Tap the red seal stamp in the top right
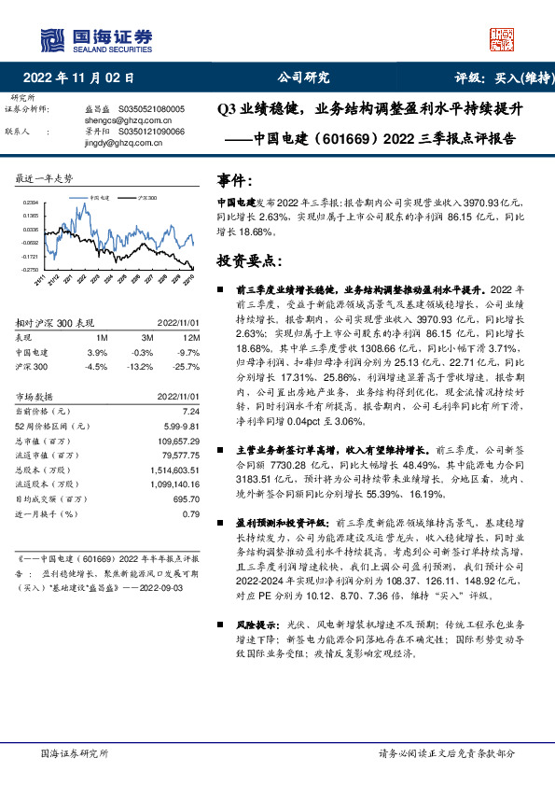(x=502, y=37)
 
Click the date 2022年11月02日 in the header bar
(x=84, y=77)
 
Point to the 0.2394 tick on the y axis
(x=31, y=202)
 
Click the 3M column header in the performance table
(x=147, y=337)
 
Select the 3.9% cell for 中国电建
(x=97, y=352)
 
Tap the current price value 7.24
(x=192, y=411)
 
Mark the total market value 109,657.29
(x=178, y=439)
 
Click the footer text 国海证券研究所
(x=76, y=753)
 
